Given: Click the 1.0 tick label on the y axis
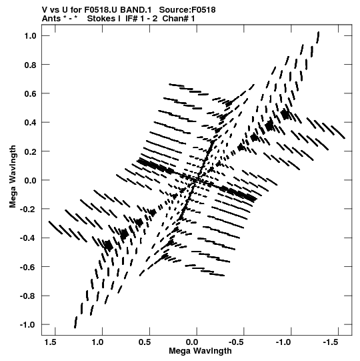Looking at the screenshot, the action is [x=30, y=36].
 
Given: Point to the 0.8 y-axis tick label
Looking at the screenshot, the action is [x=30, y=65].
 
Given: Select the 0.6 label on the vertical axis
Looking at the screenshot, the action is [x=30, y=93].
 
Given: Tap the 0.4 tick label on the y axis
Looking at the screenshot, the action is [x=30, y=123].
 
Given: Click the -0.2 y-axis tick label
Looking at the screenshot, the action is [x=28, y=210].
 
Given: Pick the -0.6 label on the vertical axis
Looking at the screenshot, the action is [x=28, y=267].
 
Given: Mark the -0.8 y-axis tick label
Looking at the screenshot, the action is [x=28, y=296].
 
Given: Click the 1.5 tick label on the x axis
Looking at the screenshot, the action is [x=51, y=342].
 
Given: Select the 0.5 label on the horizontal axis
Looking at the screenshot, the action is [x=145, y=342].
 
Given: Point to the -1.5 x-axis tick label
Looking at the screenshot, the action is [x=331, y=342].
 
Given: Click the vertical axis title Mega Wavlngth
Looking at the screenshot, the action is [x=13, y=177].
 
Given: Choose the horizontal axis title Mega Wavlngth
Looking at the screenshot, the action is [x=200, y=351].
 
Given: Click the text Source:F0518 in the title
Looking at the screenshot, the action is [x=187, y=10].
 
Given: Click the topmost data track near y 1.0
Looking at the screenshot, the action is [x=318, y=37].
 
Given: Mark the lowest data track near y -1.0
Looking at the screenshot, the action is [x=75, y=322].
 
